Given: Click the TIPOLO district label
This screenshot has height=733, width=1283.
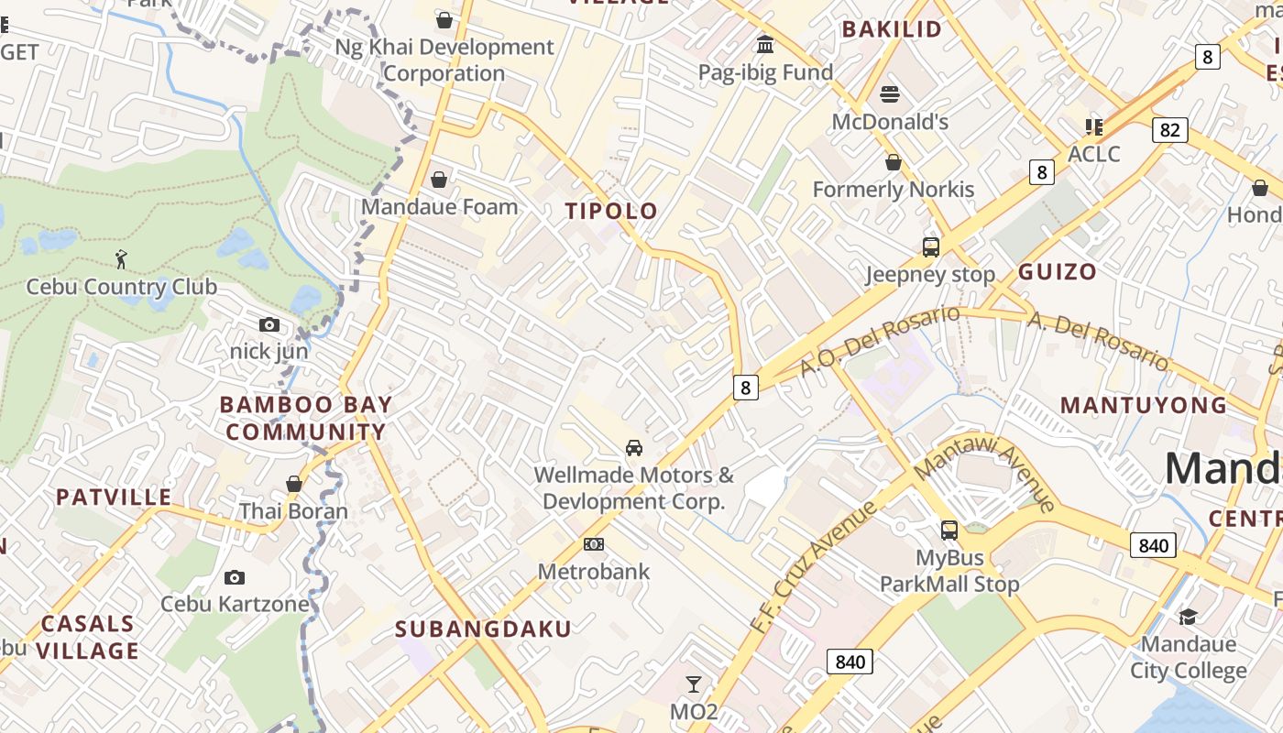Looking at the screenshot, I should click(611, 212).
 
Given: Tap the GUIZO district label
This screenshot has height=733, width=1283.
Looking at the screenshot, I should click(1057, 271).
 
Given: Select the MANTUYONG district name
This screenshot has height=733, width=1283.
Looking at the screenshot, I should click(1143, 405).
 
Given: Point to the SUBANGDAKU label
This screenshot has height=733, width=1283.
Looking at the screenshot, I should click(483, 629).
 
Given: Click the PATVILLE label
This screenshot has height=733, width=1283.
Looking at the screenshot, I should click(114, 498).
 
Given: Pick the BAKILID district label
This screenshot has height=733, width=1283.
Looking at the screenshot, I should click(892, 29).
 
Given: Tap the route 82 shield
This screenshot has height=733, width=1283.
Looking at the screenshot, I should click(1169, 130).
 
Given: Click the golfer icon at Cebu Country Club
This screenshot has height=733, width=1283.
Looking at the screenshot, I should click(121, 260).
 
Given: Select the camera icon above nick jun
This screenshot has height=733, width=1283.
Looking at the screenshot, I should click(269, 325).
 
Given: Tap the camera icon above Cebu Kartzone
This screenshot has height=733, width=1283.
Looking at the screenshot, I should click(235, 577).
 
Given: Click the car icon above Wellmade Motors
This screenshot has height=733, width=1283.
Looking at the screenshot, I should click(633, 448).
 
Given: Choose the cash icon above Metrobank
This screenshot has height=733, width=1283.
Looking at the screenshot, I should click(594, 544).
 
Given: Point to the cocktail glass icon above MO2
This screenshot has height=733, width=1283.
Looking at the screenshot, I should click(694, 684).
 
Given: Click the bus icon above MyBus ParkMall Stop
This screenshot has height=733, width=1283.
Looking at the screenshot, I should click(949, 531).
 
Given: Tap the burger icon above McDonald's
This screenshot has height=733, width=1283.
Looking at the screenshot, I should click(890, 94).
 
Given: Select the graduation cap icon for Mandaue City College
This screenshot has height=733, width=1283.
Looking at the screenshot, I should click(1188, 617).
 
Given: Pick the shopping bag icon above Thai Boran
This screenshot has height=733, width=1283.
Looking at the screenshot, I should click(294, 484).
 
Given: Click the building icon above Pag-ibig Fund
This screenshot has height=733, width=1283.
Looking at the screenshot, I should click(765, 45).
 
